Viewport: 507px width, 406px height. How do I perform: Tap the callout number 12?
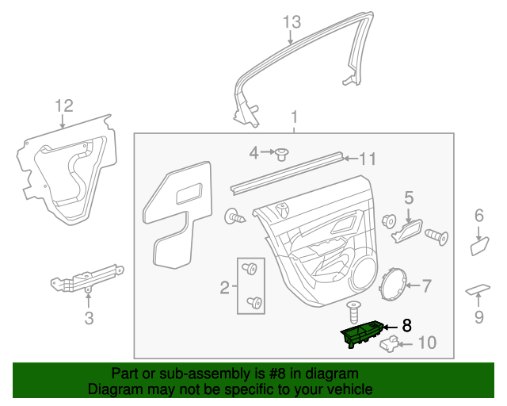click(x=63, y=106)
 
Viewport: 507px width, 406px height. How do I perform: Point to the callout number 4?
click(x=254, y=152)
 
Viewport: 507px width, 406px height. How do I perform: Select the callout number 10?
click(x=426, y=343)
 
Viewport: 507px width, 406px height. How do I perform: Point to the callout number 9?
click(x=478, y=318)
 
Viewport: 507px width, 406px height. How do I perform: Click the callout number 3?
click(x=89, y=319)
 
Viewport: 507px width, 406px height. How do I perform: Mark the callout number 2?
click(x=224, y=286)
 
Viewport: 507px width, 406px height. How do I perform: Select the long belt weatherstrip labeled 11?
click(x=289, y=171)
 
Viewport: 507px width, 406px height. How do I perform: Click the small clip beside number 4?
click(x=280, y=152)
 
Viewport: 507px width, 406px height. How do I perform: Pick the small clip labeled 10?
click(x=387, y=343)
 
